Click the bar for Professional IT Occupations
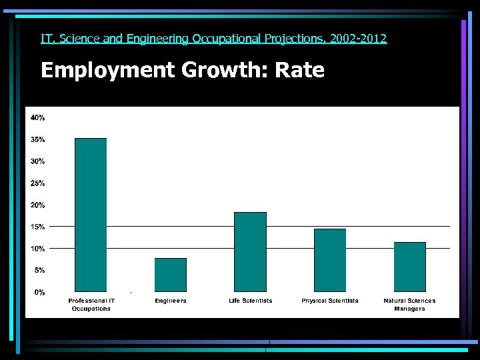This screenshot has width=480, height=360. (x=91, y=215)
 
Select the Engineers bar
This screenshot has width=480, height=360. (x=171, y=275)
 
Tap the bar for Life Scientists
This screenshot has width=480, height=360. (x=250, y=252)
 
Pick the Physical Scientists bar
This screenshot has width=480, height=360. (x=330, y=260)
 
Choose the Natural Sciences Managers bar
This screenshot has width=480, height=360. (x=409, y=267)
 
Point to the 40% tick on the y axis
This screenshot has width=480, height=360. (x=37, y=118)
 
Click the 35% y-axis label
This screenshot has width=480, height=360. (x=37, y=140)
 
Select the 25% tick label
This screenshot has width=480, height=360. (x=37, y=183)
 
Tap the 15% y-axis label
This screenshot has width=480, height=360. (x=37, y=227)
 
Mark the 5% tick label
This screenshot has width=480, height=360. (x=39, y=270)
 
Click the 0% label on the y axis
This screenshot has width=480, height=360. (x=40, y=292)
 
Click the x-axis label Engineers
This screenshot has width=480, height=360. (x=171, y=301)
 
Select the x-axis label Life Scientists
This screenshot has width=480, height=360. (x=250, y=301)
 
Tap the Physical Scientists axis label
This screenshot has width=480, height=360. (x=330, y=301)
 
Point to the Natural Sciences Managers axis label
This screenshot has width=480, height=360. (x=409, y=305)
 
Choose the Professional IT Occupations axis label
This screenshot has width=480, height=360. (x=91, y=305)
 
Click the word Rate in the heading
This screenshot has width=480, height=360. (x=299, y=70)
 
